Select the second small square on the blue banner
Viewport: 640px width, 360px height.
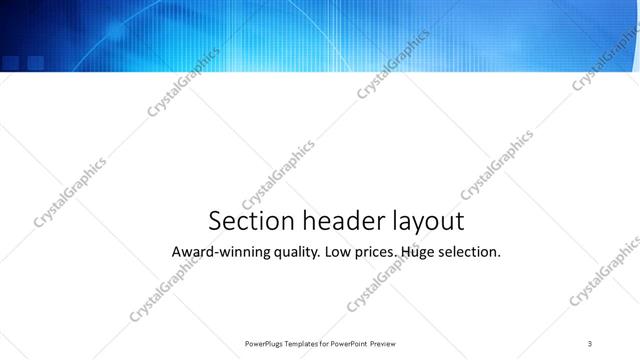click(35, 62)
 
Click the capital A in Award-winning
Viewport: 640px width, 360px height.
click(177, 252)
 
